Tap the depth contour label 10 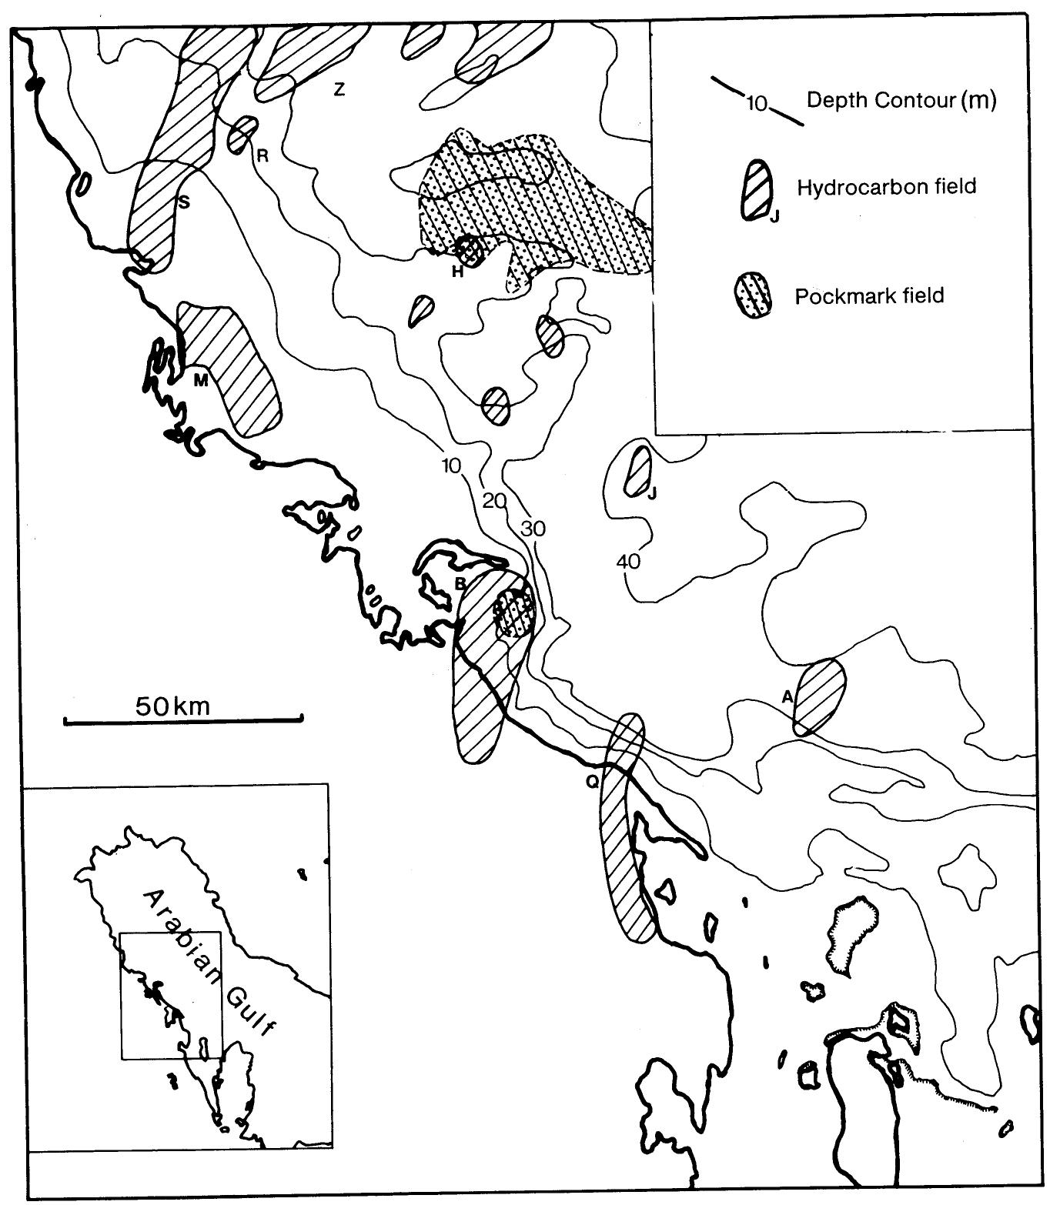point(450,466)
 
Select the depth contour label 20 point(494,501)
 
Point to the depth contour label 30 point(533,529)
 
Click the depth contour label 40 point(628,562)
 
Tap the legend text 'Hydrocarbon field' point(886,187)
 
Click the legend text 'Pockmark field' point(869,296)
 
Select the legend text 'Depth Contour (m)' point(901,100)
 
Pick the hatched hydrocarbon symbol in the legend point(757,189)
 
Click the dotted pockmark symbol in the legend point(757,295)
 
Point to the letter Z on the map point(339,89)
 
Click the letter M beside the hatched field point(200,379)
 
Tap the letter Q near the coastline point(591,781)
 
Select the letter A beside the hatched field point(787,697)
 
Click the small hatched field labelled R point(242,135)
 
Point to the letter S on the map point(183,202)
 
